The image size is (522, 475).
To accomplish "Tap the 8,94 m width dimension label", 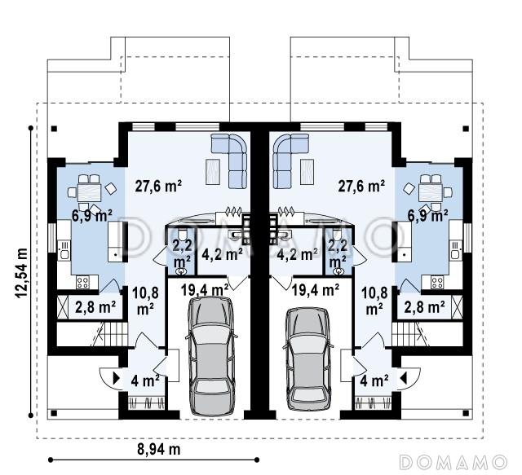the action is [159, 450].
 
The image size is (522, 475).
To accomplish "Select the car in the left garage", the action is [211, 355].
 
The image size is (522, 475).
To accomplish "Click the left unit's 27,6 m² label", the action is [158, 186].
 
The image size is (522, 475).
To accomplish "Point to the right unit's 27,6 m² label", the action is [361, 186].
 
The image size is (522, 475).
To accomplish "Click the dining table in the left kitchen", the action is [89, 192].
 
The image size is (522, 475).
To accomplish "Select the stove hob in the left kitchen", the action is [82, 283].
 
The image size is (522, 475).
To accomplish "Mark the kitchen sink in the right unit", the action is [456, 250].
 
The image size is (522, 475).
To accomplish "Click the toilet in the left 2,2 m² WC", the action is [182, 235].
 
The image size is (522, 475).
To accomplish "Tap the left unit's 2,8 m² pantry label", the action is [95, 307].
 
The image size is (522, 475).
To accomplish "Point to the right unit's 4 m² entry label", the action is [374, 380].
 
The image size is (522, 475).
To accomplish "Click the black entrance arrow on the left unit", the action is [117, 378].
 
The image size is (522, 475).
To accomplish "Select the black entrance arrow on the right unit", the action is [404, 378].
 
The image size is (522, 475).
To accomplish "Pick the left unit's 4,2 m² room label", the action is [222, 254].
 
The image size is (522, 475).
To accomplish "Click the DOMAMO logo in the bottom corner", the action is [453, 462].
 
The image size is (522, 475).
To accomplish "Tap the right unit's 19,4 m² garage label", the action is [316, 290].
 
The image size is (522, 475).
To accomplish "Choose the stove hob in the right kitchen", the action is [437, 283].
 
